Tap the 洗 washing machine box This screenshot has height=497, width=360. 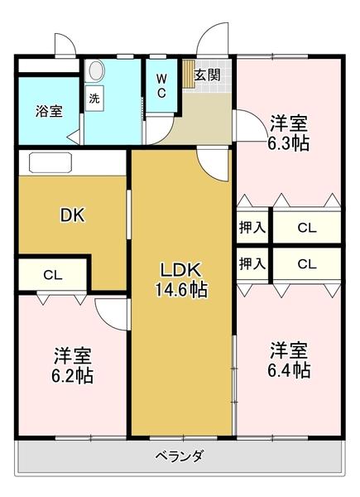[94, 97]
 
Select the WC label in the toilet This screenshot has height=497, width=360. [162, 86]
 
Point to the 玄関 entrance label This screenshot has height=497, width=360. [208, 75]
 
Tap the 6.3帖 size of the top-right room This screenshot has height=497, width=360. [288, 143]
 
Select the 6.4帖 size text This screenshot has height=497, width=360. [289, 369]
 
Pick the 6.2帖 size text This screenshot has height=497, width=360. [72, 375]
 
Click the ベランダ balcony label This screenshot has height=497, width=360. [180, 456]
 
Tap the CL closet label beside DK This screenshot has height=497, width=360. [51, 274]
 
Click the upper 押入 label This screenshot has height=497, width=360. [252, 226]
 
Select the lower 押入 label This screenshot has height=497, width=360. [252, 265]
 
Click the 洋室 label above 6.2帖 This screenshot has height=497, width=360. [72, 355]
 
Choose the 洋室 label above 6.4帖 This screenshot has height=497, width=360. [289, 349]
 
